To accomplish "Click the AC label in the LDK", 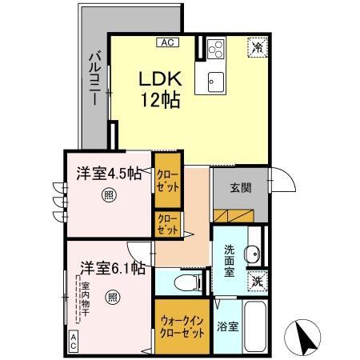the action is tap(167, 42).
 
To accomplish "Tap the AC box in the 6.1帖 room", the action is tap(74, 342).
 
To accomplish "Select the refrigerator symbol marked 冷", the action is tap(258, 47).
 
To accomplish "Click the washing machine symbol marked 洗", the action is tap(258, 281).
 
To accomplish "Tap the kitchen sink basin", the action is tap(216, 82).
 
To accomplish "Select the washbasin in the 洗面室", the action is tap(252, 254).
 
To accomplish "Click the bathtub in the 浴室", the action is tap(255, 327).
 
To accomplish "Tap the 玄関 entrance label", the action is tap(241, 188).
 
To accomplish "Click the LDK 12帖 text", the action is tap(160, 89).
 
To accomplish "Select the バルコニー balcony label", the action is tap(94, 78).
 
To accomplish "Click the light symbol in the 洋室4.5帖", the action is tap(109, 195).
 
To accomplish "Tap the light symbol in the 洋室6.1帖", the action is tap(112, 298).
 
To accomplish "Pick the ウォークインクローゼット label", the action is tap(182, 327).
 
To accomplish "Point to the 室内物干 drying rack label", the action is tap(85, 299).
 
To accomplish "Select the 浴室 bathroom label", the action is tap(227, 326).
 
